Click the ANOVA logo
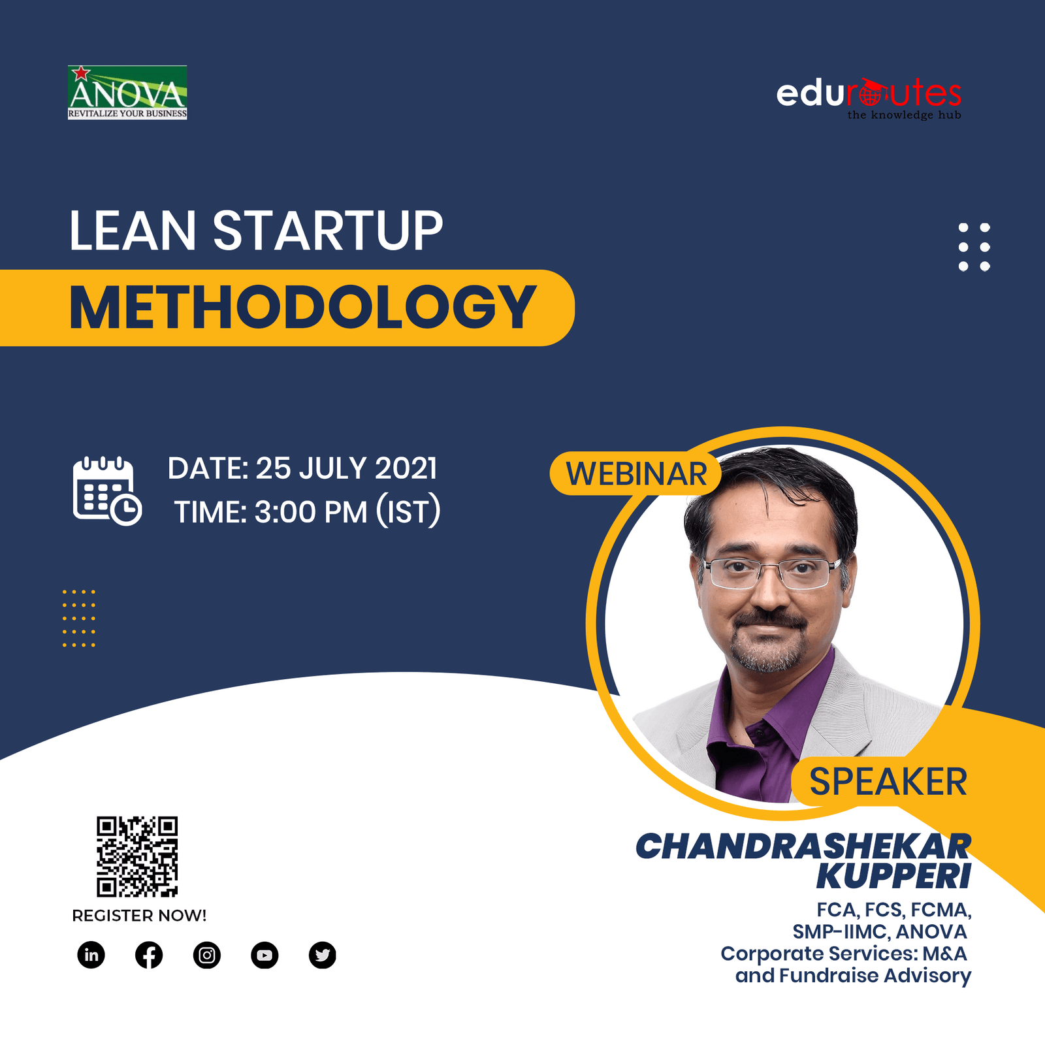tap(127, 92)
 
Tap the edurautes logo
tap(869, 99)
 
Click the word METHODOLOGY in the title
tap(302, 308)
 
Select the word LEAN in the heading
tap(133, 231)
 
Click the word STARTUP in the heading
tap(328, 231)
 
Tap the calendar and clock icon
tap(107, 491)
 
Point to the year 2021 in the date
tap(406, 468)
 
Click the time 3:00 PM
tap(311, 512)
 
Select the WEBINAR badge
tap(635, 474)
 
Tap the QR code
tap(137, 856)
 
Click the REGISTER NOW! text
tap(139, 916)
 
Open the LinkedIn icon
tap(91, 955)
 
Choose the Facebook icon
tap(149, 956)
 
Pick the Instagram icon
tap(207, 956)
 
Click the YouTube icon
tap(265, 956)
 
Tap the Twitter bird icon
tap(322, 956)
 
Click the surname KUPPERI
tap(893, 876)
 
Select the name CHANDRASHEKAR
tap(803, 846)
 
